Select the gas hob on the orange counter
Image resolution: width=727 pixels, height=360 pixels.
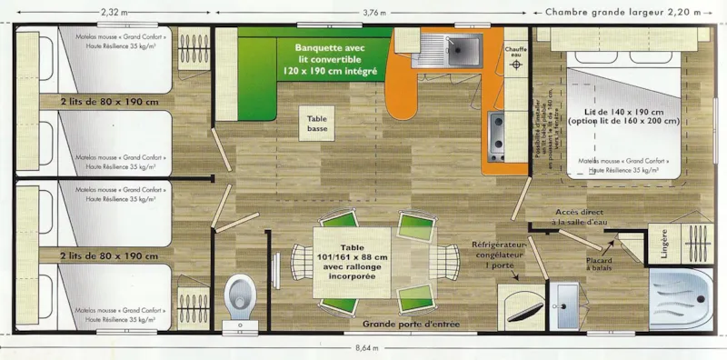(496, 136)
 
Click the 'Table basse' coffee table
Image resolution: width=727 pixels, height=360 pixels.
(319, 123)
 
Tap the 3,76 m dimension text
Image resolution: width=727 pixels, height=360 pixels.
(374, 12)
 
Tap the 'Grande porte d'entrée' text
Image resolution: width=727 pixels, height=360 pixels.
(411, 325)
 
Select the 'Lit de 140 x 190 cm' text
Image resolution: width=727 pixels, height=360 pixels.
(622, 111)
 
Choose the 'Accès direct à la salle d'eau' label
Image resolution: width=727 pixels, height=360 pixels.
(591, 218)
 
